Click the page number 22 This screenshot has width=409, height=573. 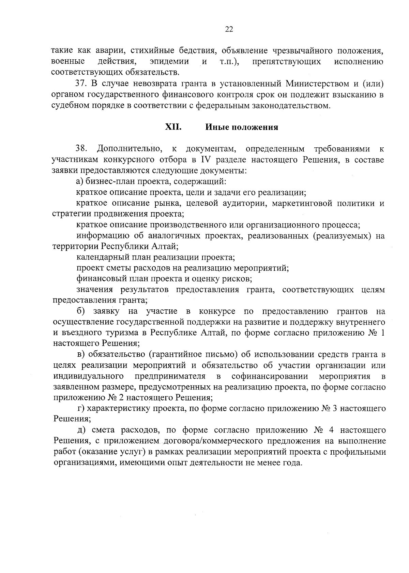tap(229, 30)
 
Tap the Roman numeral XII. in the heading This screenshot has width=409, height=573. tap(173, 127)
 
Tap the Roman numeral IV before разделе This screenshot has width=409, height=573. tap(206, 160)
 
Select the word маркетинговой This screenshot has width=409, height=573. tap(302, 203)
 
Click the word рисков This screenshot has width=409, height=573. tap(240, 279)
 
